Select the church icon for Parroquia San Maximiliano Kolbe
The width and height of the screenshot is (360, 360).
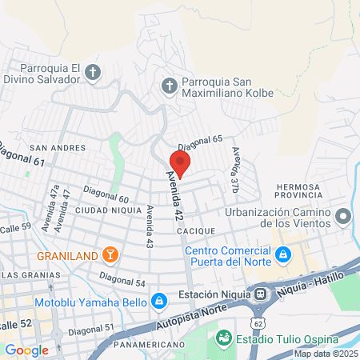[x=169, y=85]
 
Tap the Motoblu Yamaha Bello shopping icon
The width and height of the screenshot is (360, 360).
[x=159, y=302]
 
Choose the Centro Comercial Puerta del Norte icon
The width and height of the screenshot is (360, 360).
[x=282, y=255]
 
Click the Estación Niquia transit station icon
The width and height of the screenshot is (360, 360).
[x=261, y=294]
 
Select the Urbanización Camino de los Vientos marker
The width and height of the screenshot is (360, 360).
[x=344, y=216]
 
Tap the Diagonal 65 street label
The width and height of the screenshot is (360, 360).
[x=199, y=142]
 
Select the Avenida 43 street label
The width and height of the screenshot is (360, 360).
[x=150, y=226]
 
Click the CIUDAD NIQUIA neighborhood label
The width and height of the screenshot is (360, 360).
[x=102, y=210]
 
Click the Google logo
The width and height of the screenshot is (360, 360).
[x=26, y=350]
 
